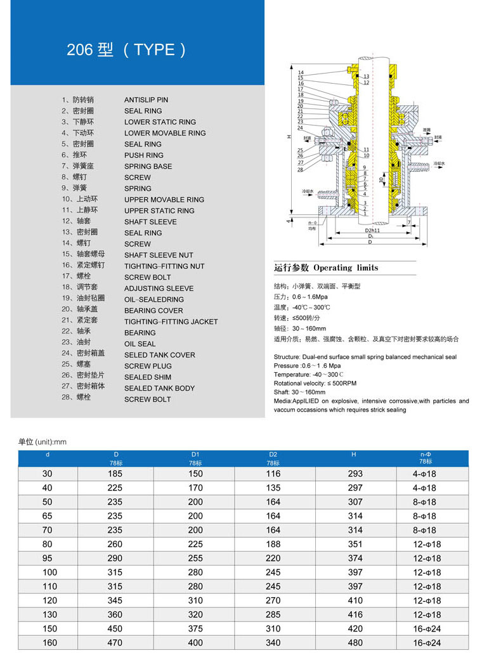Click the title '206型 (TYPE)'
[x=126, y=50]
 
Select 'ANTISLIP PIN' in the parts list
[x=146, y=100]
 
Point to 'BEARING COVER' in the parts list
[x=153, y=311]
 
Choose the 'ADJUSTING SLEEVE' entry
[x=159, y=288]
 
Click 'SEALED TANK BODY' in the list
[x=159, y=388]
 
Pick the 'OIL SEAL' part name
[x=140, y=344]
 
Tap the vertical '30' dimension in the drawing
[x=381, y=180]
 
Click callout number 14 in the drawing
[x=301, y=73]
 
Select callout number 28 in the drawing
[x=301, y=169]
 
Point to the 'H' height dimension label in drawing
[x=289, y=136]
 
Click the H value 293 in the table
[x=355, y=474]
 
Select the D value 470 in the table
[x=115, y=643]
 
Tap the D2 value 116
[x=273, y=474]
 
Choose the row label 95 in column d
[x=48, y=559]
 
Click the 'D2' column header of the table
[x=273, y=455]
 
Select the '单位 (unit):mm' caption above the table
[x=42, y=442]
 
